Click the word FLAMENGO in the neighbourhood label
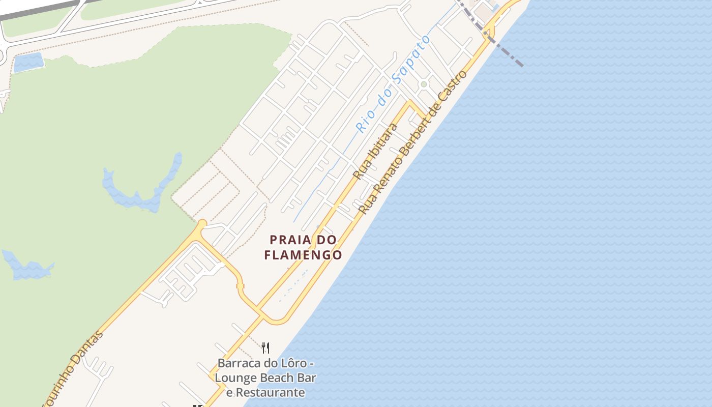303,254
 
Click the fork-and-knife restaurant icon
265,348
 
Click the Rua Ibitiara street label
375,151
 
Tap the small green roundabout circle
424,84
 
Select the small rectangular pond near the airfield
28,62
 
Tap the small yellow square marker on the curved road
241,285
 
